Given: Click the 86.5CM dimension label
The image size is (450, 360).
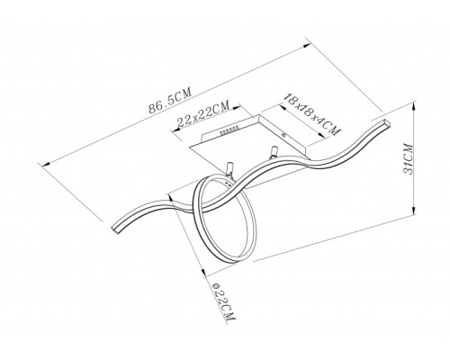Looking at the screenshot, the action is click(170, 101).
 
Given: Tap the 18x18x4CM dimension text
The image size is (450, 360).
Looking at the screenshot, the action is click(312, 114).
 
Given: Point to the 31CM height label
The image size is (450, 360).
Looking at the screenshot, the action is click(409, 159).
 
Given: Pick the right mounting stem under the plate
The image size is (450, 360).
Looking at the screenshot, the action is click(274, 151).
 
